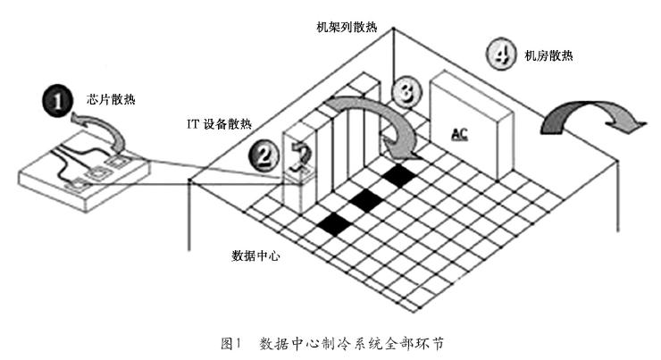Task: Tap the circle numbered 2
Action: tap(263, 157)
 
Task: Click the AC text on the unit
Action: tap(459, 134)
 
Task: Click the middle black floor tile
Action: tap(366, 200)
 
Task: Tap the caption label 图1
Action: tap(231, 342)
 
